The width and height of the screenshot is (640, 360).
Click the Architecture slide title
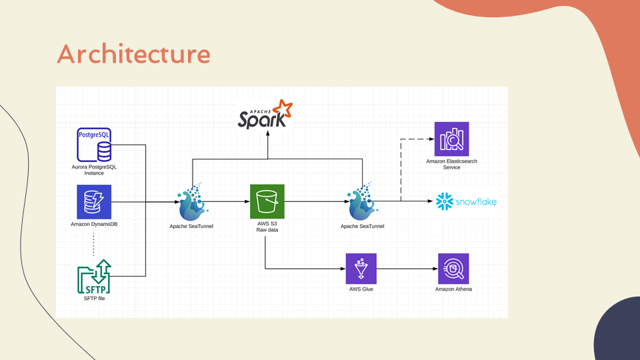click(133, 54)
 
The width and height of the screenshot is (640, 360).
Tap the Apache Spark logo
click(265, 114)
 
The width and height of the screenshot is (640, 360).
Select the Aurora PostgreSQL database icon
click(94, 145)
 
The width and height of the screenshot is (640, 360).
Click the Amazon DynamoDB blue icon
click(94, 202)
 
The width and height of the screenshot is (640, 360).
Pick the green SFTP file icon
click(94, 277)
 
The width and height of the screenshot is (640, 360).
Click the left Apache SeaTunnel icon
click(192, 203)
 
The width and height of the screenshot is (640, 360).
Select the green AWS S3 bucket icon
click(267, 202)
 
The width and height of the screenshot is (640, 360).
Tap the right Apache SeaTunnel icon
click(362, 203)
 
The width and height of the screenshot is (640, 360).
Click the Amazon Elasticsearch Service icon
click(451, 139)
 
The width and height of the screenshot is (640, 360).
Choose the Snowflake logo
click(466, 201)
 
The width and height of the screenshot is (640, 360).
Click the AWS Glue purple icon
click(361, 269)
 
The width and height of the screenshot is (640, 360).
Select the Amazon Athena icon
click(453, 269)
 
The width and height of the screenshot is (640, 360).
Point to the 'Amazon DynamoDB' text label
click(94, 225)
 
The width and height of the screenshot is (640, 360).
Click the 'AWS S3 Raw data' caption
click(267, 227)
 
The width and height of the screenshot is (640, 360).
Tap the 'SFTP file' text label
click(94, 299)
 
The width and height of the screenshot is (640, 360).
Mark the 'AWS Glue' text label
click(361, 289)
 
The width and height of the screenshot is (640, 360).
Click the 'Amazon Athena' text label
click(453, 289)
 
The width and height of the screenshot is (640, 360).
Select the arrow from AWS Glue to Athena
click(407, 269)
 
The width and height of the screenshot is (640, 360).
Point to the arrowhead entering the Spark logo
click(268, 132)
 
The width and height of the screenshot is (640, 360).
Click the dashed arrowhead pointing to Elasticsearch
click(430, 139)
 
